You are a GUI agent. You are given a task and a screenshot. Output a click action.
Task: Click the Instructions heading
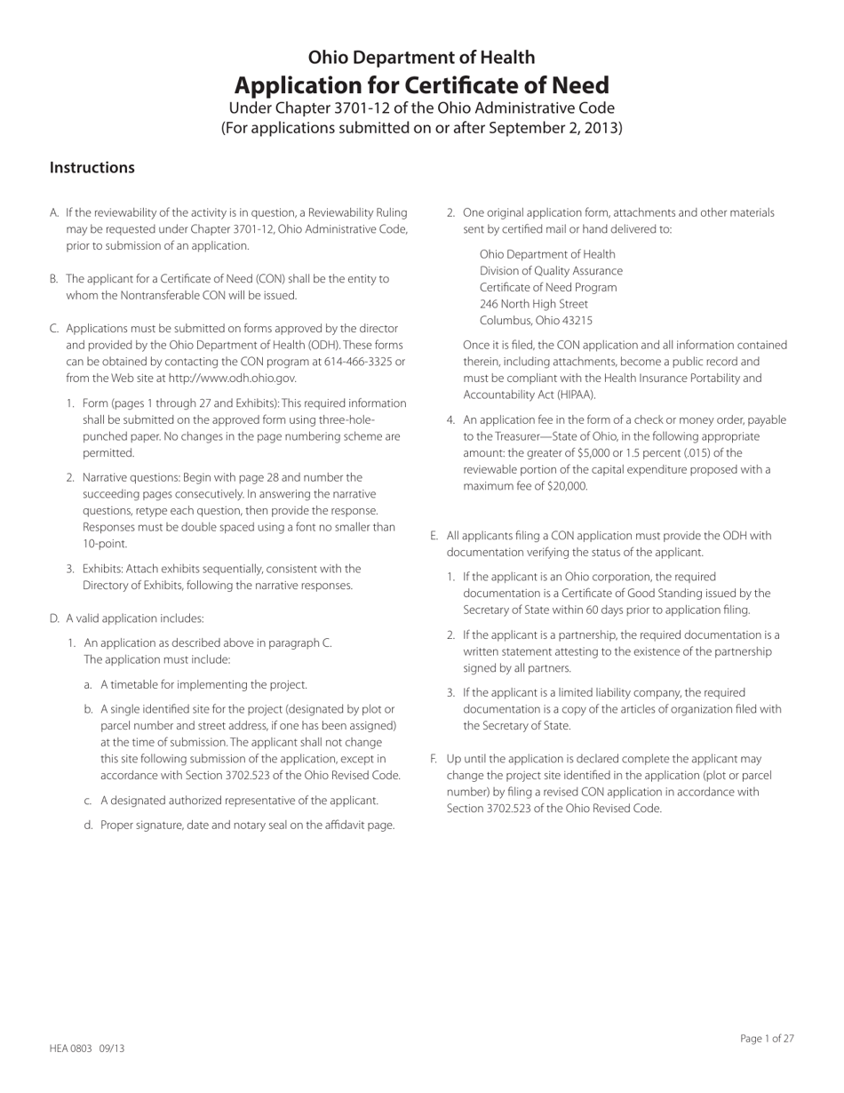[92, 168]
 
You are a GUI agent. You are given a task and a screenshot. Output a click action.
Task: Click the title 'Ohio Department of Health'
[421, 58]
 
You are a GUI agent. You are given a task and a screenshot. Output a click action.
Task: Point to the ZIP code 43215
[575, 321]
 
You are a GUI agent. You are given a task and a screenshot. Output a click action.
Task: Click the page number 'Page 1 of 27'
[767, 1038]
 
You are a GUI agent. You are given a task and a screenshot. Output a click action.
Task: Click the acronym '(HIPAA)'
[571, 395]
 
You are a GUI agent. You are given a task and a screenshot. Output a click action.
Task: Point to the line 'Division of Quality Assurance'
[551, 271]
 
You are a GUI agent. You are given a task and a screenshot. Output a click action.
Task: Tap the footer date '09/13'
[112, 1049]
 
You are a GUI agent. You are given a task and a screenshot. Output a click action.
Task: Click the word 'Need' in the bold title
[577, 85]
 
